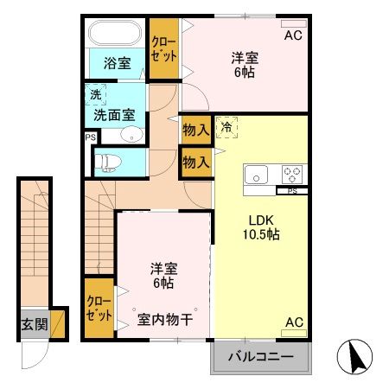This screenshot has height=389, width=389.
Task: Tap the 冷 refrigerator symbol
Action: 226,127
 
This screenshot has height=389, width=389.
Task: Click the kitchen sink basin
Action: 258,175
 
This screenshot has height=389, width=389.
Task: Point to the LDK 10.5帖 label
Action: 260,226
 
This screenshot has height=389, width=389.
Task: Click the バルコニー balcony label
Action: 260,355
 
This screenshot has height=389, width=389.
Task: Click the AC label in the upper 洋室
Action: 294,35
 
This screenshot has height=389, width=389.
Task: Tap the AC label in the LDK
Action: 294,322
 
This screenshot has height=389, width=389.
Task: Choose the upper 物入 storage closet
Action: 196,131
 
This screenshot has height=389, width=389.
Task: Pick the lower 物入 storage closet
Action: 196,162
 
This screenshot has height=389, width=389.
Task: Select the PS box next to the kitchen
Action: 292,190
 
